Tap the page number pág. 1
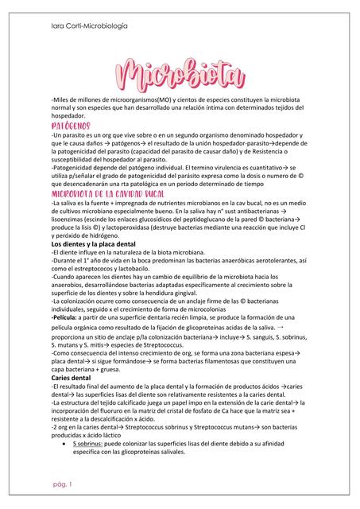coord(60,484)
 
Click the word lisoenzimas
coord(74,219)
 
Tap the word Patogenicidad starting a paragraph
coord(77,169)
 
